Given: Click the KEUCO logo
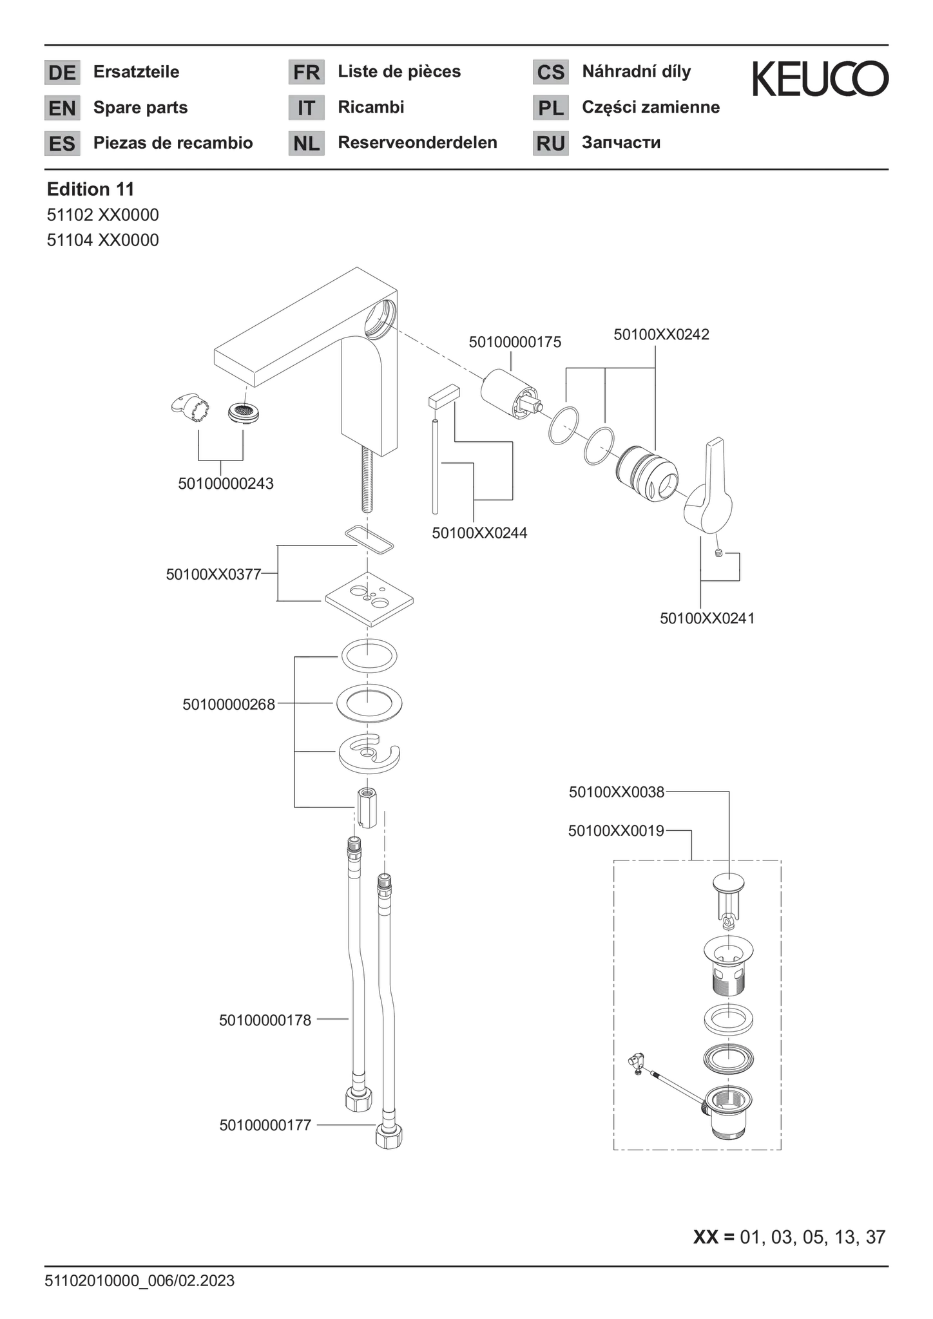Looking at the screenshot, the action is [x=820, y=79].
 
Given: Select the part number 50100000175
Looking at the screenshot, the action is [x=515, y=342].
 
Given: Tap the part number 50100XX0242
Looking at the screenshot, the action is [x=661, y=334].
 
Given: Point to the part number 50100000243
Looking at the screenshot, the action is [x=226, y=483].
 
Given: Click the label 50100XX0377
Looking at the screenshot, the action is [x=214, y=574].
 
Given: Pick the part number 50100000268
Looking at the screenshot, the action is [x=229, y=705].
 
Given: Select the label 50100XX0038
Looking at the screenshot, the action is [x=617, y=792].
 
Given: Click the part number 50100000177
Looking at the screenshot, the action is [x=265, y=1125].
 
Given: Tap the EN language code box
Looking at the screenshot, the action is [x=63, y=108].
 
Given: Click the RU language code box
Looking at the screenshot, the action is [x=551, y=143].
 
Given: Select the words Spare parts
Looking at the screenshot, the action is [x=140, y=108].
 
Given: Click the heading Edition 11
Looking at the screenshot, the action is [x=91, y=189].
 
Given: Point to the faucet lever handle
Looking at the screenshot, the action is [x=709, y=486].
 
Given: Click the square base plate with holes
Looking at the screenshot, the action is [x=369, y=598].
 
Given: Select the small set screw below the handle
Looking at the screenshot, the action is [x=720, y=553].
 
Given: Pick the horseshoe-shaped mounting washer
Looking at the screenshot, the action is [x=369, y=753].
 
